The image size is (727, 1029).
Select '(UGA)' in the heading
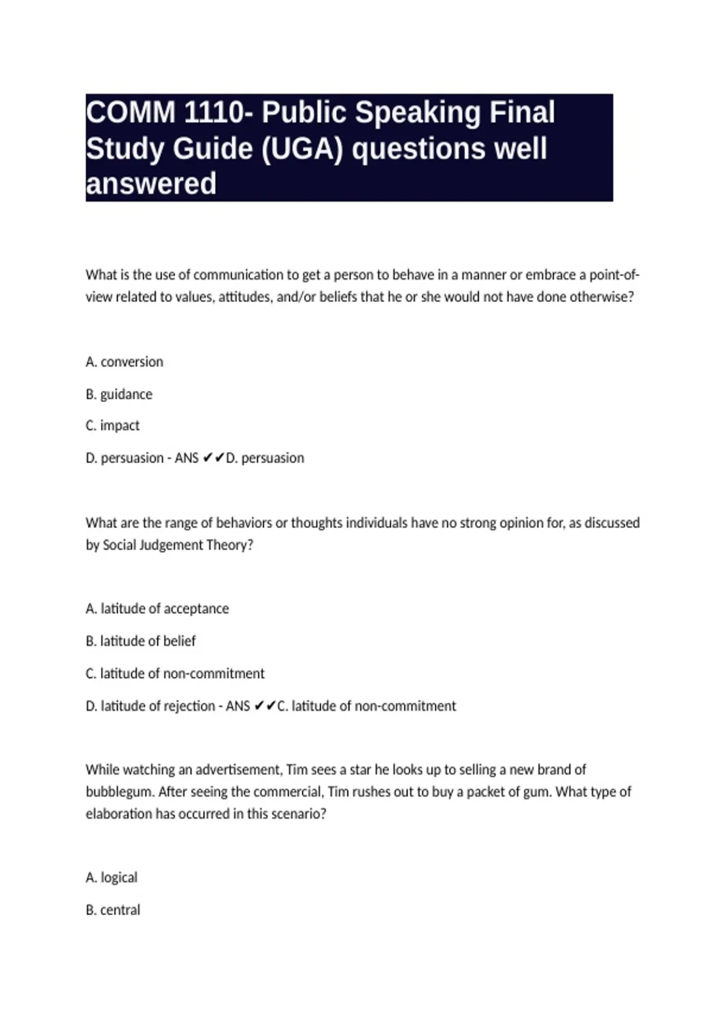[x=302, y=148]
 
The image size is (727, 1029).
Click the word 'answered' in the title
[x=151, y=183]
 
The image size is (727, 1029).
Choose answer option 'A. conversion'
[x=124, y=362]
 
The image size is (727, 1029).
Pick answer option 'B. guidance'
[x=119, y=395]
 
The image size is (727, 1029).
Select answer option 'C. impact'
[x=112, y=426]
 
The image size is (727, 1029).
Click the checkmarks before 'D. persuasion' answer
[x=214, y=458]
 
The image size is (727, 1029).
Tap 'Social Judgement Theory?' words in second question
[x=178, y=545]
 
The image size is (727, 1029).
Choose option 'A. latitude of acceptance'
[x=157, y=609]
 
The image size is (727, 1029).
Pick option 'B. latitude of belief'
[x=141, y=641]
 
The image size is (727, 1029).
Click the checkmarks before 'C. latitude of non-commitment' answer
[x=265, y=706]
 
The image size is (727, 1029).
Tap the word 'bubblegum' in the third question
[x=119, y=792]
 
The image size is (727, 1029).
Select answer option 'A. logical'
[x=111, y=878]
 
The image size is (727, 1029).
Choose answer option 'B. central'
[x=113, y=910]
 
